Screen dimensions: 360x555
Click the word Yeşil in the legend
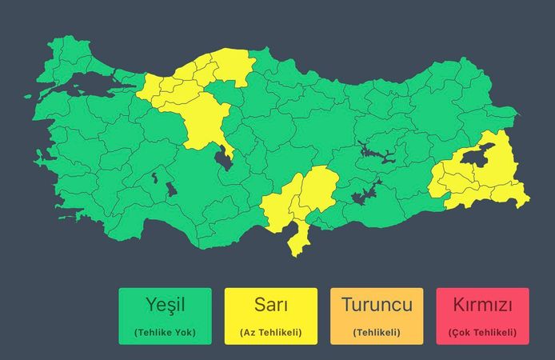[165, 305]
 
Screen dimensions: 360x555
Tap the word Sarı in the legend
[270, 305]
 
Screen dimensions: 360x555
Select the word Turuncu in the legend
[377, 305]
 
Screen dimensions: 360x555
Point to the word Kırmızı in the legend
[482, 305]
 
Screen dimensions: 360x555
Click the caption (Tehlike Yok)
[165, 332]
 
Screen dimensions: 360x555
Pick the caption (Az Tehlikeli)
[270, 332]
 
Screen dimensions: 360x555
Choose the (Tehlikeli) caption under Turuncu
[377, 332]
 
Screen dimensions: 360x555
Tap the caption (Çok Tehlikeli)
[482, 332]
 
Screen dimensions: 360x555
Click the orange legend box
[377, 316]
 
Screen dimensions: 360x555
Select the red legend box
[482, 316]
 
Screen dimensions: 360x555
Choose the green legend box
[165, 316]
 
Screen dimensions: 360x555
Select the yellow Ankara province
[204, 120]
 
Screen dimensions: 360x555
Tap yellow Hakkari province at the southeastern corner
[512, 192]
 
